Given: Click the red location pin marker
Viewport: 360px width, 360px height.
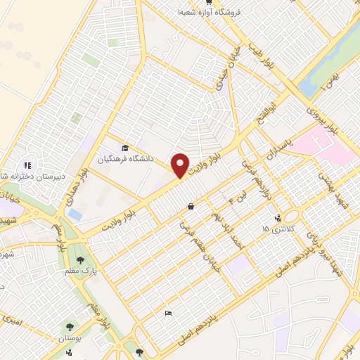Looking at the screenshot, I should [181, 166].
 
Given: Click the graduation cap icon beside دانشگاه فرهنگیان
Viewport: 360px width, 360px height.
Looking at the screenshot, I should [125, 148].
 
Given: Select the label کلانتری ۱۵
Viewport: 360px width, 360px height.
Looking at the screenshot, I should [275, 229].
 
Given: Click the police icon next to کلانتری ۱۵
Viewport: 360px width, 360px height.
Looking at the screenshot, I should [278, 217].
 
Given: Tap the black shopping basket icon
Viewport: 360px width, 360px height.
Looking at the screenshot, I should [191, 207].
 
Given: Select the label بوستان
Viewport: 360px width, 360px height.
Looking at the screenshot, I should [70, 338].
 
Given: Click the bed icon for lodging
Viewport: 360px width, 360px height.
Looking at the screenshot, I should [167, 313].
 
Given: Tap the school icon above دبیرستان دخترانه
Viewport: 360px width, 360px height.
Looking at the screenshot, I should [28, 165].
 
